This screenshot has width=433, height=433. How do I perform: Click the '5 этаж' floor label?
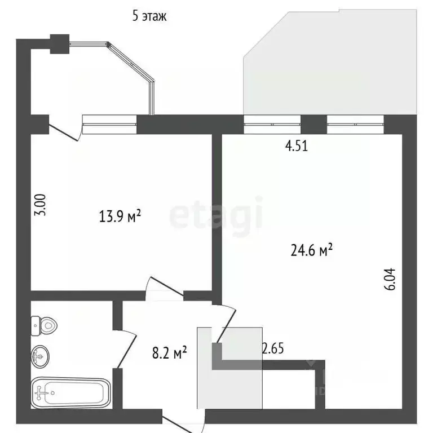[149, 16]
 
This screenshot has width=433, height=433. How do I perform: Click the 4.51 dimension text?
[297, 147]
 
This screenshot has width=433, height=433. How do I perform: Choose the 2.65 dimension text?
[272, 348]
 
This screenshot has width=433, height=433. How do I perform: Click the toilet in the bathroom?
[45, 324]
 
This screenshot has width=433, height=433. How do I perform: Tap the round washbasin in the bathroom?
[40, 356]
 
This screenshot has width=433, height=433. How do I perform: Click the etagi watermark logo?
[216, 214]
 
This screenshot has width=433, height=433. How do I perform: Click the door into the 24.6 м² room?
[226, 322]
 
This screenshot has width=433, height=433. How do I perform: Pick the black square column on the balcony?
[59, 44]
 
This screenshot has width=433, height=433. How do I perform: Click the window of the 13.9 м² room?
[110, 120]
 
